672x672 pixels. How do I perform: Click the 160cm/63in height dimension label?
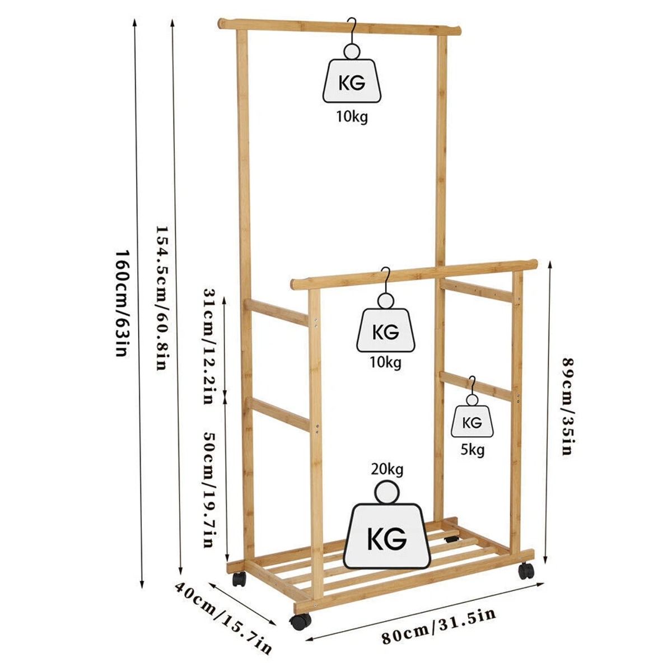(x=122, y=302)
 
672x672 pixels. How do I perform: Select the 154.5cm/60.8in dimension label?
(x=161, y=297)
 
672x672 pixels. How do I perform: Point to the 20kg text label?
(x=387, y=469)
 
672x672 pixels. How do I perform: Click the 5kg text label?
(x=473, y=449)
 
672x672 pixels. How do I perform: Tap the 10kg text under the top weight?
(x=352, y=116)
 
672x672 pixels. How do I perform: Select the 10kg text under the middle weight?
(x=386, y=363)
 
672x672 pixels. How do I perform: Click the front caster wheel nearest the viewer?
(x=300, y=621)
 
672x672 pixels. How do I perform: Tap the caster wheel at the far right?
(x=525, y=571)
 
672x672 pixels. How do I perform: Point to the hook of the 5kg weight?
(x=472, y=385)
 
